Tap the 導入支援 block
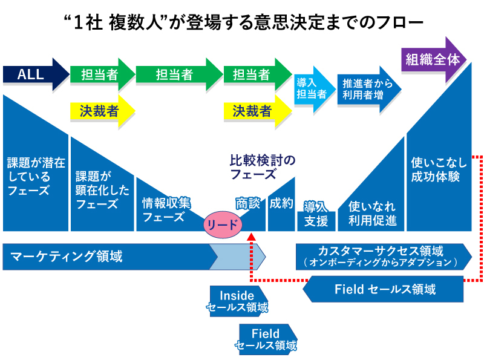316,214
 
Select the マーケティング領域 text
67,257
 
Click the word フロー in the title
396,23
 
